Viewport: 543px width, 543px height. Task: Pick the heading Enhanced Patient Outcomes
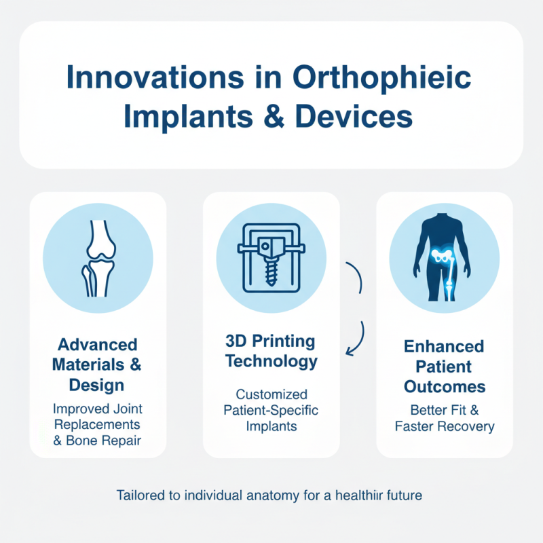pyautogui.click(x=445, y=367)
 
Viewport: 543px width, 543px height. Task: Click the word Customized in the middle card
pyautogui.click(x=271, y=394)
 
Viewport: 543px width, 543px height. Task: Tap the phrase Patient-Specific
pyautogui.click(x=271, y=411)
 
